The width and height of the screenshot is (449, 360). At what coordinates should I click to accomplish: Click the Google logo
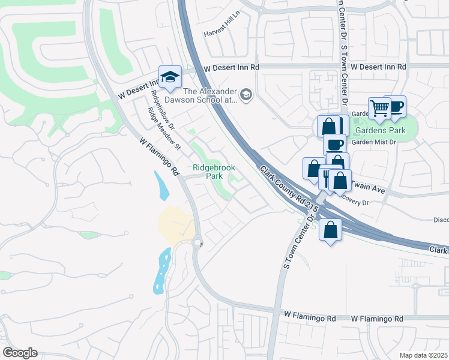click(20, 353)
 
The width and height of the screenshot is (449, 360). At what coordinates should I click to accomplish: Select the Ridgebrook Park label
click(214, 172)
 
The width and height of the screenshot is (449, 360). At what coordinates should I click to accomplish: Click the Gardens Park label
click(379, 130)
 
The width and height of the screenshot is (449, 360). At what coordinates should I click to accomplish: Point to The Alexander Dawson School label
click(210, 96)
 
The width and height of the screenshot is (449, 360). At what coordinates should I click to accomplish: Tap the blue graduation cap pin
click(170, 77)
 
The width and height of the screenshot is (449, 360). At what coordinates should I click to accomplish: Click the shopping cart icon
click(379, 109)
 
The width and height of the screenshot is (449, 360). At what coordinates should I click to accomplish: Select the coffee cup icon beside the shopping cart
click(396, 107)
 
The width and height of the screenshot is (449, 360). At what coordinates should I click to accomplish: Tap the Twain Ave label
click(368, 188)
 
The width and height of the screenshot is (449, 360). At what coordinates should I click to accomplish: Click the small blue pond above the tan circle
click(162, 185)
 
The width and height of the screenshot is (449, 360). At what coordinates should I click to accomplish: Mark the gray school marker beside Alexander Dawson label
click(246, 95)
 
